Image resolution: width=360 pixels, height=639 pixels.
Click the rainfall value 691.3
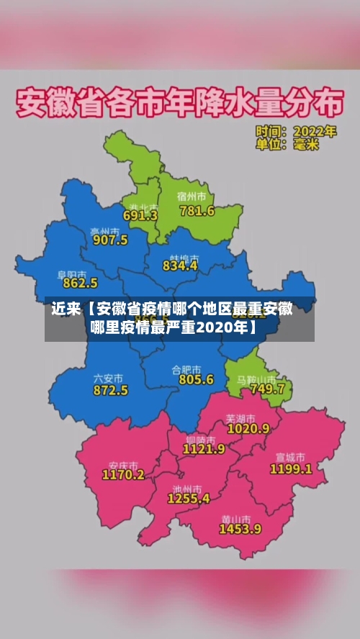tap(140, 215)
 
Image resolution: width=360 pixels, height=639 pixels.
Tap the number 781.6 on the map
tap(197, 211)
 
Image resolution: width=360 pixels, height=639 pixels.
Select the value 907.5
tap(110, 240)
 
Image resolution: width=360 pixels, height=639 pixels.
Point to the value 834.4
tap(180, 266)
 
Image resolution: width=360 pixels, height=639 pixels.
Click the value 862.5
tap(80, 284)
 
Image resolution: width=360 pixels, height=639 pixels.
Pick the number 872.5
tap(111, 390)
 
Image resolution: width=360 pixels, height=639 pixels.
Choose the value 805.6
tap(196, 379)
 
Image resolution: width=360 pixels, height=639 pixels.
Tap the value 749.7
tap(266, 389)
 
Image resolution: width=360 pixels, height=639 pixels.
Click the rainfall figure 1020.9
tap(248, 428)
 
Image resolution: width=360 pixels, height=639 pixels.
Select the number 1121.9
tap(204, 448)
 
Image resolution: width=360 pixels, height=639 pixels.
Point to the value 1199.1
tap(291, 468)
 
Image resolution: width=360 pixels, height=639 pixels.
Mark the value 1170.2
tap(123, 475)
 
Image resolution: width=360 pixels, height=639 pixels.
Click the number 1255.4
tap(189, 497)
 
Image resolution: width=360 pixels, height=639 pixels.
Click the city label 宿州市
tap(192, 196)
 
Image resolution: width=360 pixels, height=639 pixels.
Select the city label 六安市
tap(108, 378)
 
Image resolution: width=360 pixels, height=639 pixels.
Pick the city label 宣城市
tap(290, 457)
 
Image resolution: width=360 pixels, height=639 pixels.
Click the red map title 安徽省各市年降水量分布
tap(178, 105)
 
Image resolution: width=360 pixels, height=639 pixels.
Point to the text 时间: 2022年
tap(295, 132)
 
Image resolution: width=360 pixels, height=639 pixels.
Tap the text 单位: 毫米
tap(287, 145)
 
